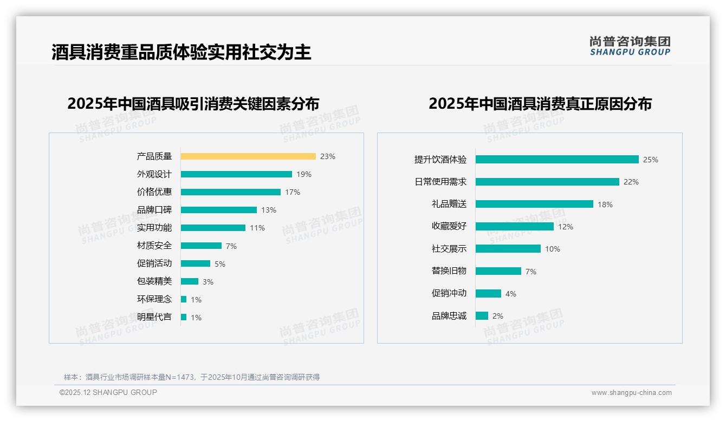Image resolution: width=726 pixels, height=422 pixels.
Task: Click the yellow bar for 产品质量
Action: click(248, 156)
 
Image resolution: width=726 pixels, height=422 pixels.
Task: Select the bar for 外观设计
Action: click(236, 174)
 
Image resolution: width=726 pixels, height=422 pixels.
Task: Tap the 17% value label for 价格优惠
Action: click(293, 192)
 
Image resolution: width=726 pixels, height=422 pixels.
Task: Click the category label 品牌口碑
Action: click(154, 210)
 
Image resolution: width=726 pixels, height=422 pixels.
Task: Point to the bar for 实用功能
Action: click(213, 228)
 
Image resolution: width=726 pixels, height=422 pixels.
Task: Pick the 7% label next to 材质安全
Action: click(231, 246)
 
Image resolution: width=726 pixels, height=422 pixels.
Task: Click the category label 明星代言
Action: click(154, 317)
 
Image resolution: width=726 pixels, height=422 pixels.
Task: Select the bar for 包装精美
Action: click(190, 281)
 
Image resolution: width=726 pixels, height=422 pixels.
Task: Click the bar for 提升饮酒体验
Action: click(557, 160)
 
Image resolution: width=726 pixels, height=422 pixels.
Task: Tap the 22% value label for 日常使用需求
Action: click(631, 182)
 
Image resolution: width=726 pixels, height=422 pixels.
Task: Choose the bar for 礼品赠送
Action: click(534, 204)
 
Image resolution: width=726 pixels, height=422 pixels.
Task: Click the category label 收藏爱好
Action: click(449, 227)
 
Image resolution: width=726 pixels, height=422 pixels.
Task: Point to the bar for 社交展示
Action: click(508, 249)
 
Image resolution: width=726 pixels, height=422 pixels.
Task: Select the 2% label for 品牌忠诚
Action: click(498, 316)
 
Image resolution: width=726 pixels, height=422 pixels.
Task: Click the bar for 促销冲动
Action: click(488, 293)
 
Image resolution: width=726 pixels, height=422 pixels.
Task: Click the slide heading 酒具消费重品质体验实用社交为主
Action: click(181, 52)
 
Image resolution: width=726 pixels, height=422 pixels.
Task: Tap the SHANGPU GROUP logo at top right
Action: click(630, 46)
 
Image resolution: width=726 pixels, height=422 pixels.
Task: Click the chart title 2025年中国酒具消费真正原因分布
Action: click(540, 104)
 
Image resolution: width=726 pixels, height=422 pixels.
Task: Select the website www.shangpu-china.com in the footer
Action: click(631, 393)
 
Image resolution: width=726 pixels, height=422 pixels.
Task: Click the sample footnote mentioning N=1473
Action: click(192, 377)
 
